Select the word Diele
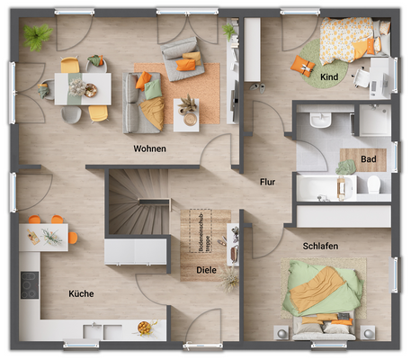click(206, 269)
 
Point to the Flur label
click(267, 182)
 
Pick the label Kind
click(328, 77)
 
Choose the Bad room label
click(369, 159)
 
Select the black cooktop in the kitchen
click(29, 285)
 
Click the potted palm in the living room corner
click(37, 37)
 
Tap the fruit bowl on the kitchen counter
click(143, 328)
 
